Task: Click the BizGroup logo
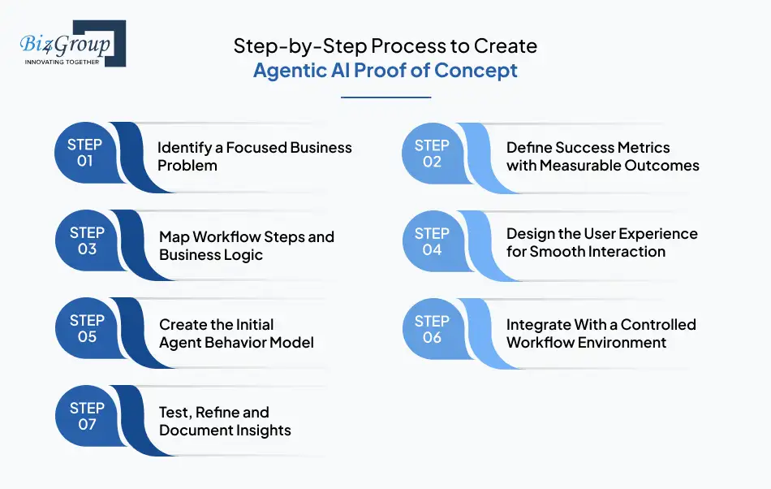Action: click(x=72, y=42)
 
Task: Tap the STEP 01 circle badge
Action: click(x=85, y=153)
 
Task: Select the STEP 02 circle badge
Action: click(x=432, y=153)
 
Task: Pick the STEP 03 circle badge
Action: click(x=87, y=240)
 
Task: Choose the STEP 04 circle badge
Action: click(x=432, y=241)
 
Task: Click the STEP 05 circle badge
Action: click(x=87, y=328)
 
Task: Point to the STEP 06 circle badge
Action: click(x=432, y=328)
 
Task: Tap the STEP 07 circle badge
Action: click(x=87, y=416)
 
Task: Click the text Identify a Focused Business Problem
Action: click(x=254, y=156)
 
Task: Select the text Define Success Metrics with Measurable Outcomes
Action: click(x=602, y=156)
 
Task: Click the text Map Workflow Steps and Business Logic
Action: click(x=246, y=245)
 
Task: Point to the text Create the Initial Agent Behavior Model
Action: click(x=236, y=333)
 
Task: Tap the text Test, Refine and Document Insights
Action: click(x=225, y=421)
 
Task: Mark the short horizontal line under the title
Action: click(x=385, y=97)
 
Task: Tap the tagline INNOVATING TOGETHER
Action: click(x=62, y=62)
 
